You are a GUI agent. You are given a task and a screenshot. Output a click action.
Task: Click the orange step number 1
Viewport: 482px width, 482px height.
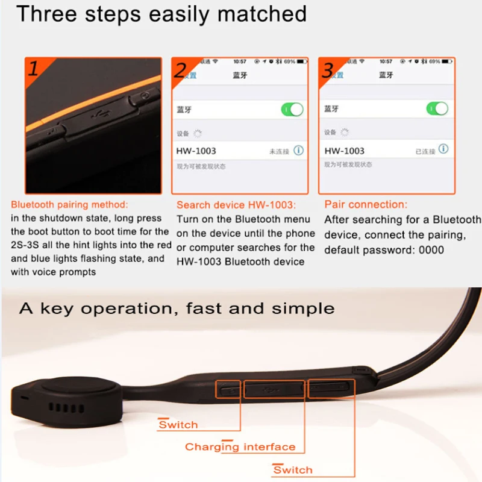coord(34,68)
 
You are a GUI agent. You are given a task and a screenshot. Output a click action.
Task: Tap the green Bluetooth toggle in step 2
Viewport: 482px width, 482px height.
coord(293,110)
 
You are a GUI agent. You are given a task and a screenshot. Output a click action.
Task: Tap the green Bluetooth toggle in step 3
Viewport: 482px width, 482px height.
coord(437,108)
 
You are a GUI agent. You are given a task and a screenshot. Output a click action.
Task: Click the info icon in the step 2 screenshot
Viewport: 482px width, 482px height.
coord(299,151)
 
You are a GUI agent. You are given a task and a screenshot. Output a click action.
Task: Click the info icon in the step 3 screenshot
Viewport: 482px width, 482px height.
coord(443,149)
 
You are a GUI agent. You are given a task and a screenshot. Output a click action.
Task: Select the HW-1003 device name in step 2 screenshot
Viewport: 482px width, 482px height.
coord(196,151)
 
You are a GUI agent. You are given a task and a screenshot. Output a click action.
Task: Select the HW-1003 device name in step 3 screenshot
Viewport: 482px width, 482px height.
coord(344,151)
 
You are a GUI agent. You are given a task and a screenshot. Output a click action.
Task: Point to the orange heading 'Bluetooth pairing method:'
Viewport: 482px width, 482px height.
coord(69,205)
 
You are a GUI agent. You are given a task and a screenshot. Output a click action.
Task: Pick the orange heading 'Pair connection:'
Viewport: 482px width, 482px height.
coord(366,205)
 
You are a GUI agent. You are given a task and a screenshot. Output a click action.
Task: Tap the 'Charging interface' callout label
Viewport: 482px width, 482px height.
coord(240,447)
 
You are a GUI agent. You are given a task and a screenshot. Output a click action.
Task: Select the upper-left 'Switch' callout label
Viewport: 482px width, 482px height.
coord(178,425)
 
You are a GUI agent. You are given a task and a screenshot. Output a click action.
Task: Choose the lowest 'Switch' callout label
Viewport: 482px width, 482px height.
coord(293,470)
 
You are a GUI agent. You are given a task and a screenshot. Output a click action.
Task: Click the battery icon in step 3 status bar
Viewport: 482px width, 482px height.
coord(446,61)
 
